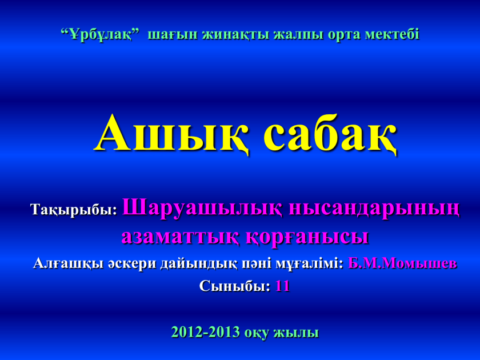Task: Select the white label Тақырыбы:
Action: tap(74, 210)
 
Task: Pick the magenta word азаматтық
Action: tap(180, 237)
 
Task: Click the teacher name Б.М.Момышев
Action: tap(402, 263)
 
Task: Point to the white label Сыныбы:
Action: tap(235, 286)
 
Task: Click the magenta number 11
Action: tap(283, 286)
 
